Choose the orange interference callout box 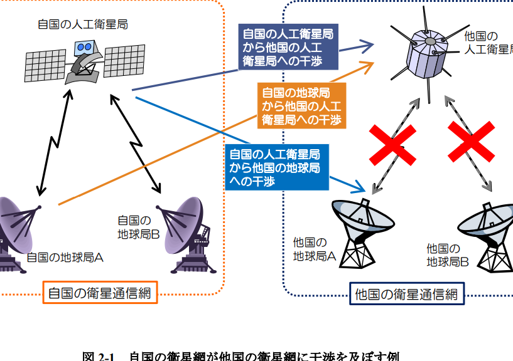[300, 107]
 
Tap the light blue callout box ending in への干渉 [275, 167]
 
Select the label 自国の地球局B [134, 227]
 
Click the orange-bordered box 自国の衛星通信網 [99, 293]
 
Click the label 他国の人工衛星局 [487, 43]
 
